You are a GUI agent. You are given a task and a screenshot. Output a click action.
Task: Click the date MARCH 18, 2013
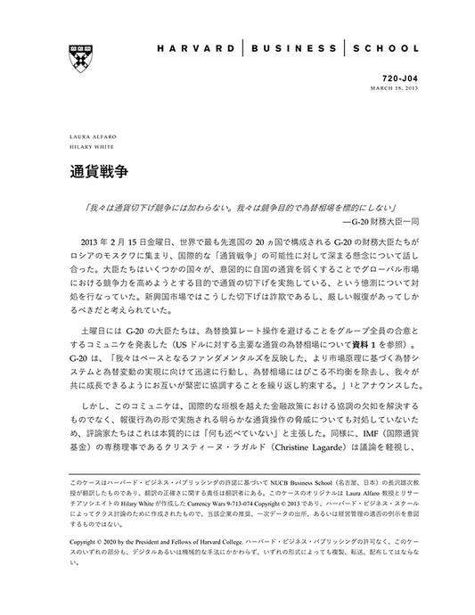pos(395,88)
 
